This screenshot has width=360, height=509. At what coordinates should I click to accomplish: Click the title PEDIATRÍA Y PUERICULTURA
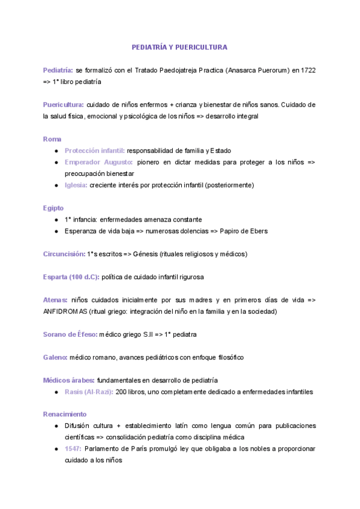click(180, 47)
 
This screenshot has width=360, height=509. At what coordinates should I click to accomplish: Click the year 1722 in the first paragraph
click(308, 70)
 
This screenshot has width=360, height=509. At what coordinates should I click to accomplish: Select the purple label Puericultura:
click(63, 104)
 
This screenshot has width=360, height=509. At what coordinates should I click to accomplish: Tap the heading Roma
click(52, 139)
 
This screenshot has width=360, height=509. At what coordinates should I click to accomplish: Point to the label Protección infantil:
click(95, 151)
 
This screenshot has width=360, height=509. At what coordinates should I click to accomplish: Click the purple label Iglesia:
click(76, 185)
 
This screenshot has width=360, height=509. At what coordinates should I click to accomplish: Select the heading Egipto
click(53, 208)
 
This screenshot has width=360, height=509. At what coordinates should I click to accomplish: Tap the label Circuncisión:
click(64, 254)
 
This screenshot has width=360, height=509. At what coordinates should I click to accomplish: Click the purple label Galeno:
click(55, 357)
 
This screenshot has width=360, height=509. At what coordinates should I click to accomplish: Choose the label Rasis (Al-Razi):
click(89, 392)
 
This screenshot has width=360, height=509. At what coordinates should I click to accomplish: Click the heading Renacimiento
click(65, 414)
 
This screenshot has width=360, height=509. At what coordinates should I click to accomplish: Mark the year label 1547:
click(73, 449)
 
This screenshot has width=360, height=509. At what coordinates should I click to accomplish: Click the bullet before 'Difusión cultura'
click(56, 426)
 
